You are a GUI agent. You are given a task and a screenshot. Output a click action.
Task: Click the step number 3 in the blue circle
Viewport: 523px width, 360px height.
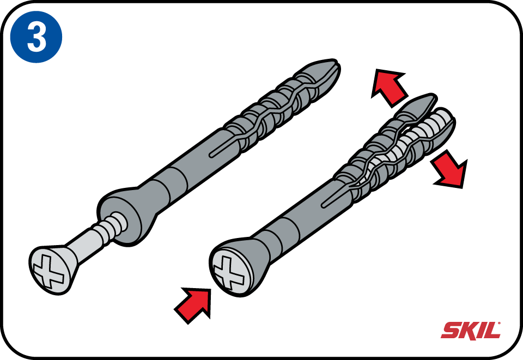pos(37,38)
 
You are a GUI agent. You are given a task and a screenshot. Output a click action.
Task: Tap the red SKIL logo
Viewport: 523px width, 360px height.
pos(470,330)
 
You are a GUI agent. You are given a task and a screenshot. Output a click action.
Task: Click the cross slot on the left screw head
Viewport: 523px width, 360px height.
pos(48,271)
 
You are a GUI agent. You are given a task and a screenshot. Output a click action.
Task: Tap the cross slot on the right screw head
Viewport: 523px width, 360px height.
pos(228,271)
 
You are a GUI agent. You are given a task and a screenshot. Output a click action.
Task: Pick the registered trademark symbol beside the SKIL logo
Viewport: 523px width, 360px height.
pos(499,323)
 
